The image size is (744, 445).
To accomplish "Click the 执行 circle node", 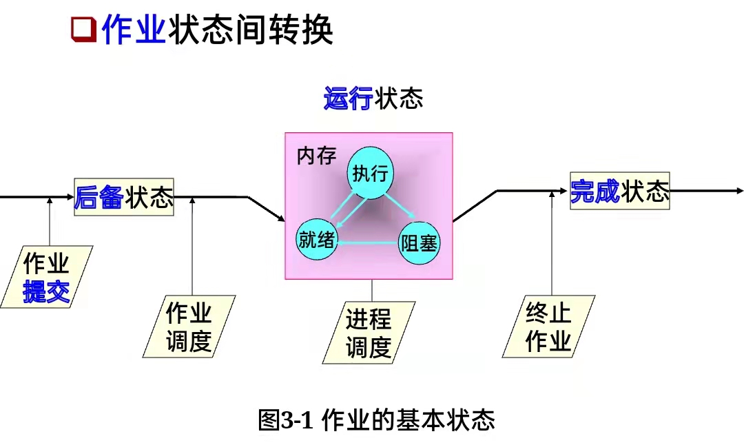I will pos(371,173).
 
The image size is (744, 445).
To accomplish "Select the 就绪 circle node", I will pos(317,240).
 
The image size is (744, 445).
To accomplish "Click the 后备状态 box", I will pos(124,197).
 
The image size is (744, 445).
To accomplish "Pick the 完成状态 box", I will pos(620,191).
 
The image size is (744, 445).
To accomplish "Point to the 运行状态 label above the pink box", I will pos(373,99).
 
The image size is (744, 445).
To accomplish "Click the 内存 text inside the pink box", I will pos(316,156).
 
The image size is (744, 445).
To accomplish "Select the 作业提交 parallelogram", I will pos(46,277).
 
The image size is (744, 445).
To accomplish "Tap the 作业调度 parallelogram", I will pos(189,327).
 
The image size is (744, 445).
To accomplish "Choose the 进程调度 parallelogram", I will pos(369,333).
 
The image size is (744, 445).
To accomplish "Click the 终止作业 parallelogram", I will pos(548,327).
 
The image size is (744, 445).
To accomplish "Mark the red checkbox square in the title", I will pos(83,30).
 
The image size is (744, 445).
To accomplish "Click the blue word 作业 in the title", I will pos(134,30).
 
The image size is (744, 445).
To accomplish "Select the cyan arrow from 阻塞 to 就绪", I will pos(368,242).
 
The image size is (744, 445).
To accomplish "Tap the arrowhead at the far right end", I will pos(740,191).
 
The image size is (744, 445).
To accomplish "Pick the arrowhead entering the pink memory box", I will pos(282,219).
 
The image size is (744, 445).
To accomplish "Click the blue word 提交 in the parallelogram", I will pos(46,292).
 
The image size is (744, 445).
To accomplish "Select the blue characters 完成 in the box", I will pos(595,191).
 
